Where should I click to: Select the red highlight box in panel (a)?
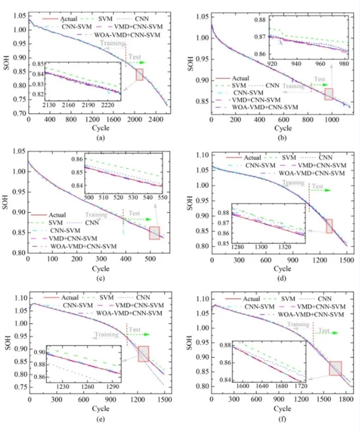tap(139, 74)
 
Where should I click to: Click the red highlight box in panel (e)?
tap(143, 354)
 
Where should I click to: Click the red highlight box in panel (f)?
tap(335, 368)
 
